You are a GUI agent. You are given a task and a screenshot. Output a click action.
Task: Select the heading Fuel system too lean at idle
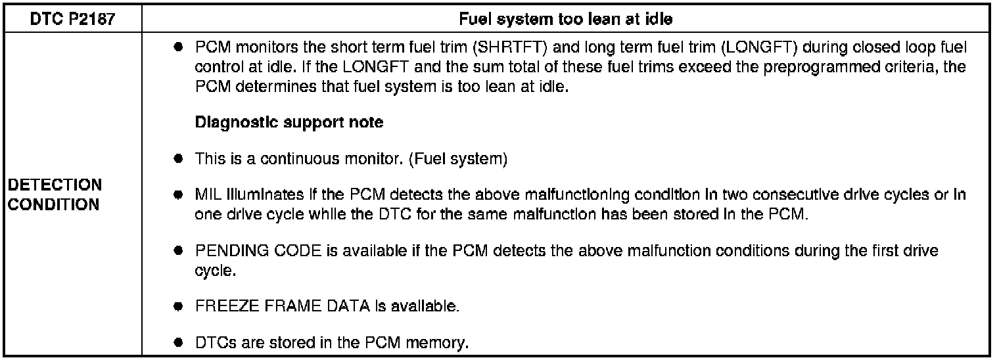coord(566,20)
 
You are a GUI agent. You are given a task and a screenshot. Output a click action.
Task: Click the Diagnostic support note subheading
coord(290,123)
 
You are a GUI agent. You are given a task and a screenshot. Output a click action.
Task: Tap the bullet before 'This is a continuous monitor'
coord(178,160)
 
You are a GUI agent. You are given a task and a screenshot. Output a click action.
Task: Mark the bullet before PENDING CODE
coord(178,252)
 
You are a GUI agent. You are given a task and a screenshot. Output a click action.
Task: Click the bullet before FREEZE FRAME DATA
coord(178,307)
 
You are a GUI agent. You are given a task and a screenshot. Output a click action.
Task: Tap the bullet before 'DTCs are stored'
coord(178,344)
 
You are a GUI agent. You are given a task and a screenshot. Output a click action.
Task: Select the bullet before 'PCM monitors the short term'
coord(178,50)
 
